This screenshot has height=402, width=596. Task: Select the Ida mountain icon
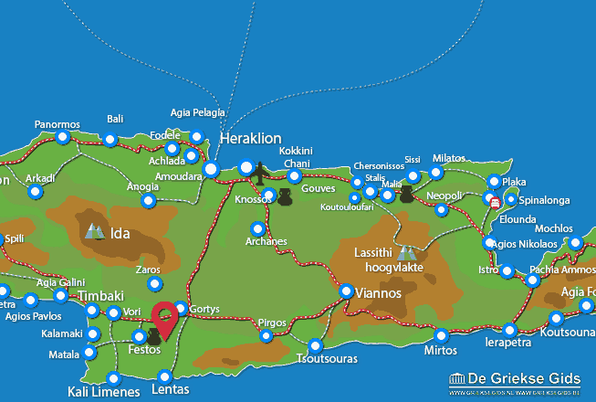[x=94, y=232]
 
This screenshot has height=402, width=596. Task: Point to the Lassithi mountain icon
[x=406, y=251]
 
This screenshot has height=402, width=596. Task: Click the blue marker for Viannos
[x=347, y=291]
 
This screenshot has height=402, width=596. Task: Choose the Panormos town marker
[x=62, y=137]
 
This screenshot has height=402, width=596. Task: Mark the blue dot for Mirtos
[x=442, y=335]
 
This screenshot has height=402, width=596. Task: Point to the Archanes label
[x=266, y=242]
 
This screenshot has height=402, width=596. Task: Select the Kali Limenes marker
[x=114, y=378]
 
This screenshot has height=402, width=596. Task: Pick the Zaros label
[x=147, y=270]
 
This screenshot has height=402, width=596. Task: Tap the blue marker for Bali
[x=110, y=140]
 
